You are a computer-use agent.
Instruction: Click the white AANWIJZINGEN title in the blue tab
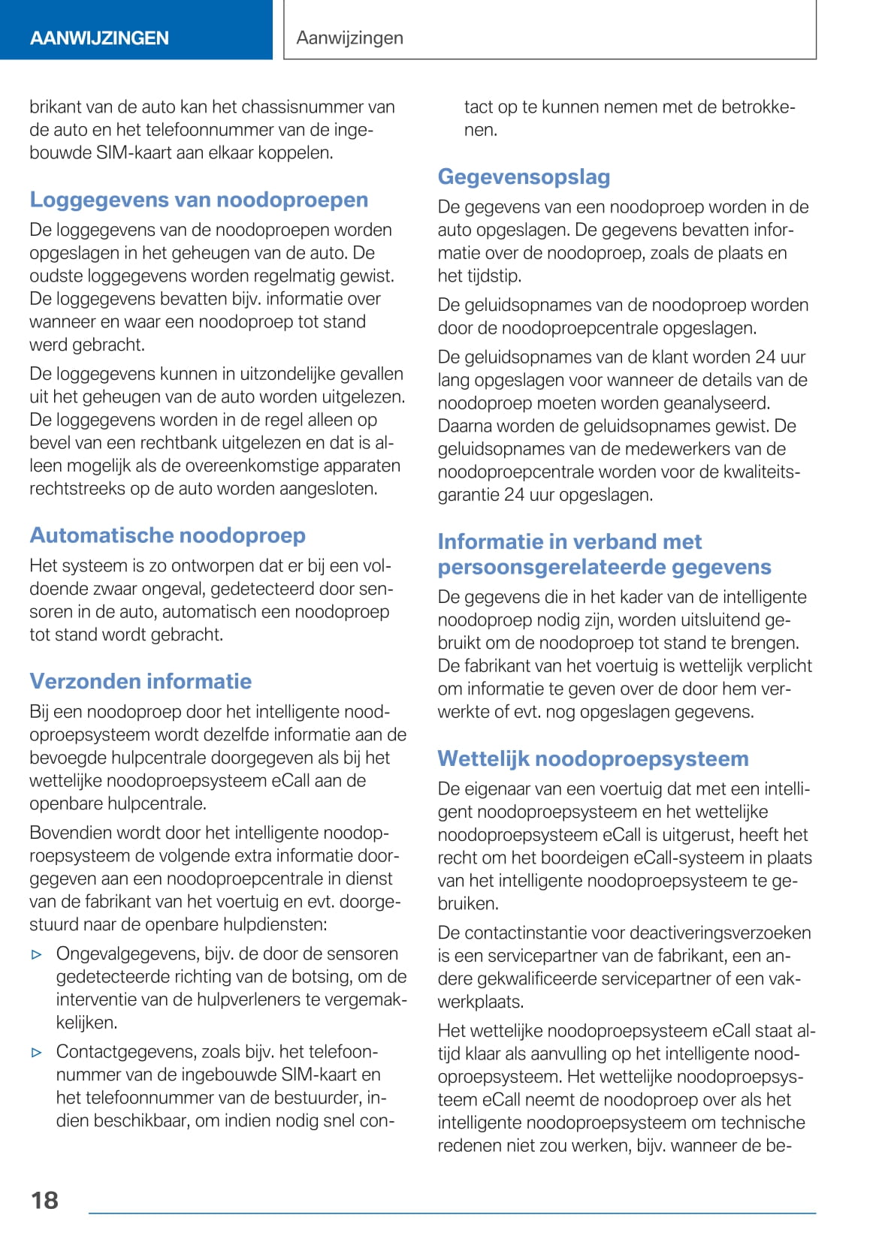point(99,38)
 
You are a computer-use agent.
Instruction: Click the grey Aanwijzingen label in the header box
point(349,38)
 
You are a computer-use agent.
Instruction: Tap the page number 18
point(44,1199)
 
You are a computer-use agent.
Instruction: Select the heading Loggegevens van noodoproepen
point(199,200)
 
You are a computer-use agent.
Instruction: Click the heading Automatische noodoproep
point(168,535)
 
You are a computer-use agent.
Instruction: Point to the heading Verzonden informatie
point(140,681)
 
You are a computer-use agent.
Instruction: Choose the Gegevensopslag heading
point(524,176)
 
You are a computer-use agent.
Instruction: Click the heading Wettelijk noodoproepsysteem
point(593,758)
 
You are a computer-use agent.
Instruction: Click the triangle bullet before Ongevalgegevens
point(37,955)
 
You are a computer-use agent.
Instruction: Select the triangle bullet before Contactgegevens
point(37,1053)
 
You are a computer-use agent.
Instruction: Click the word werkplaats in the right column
point(481,1001)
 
